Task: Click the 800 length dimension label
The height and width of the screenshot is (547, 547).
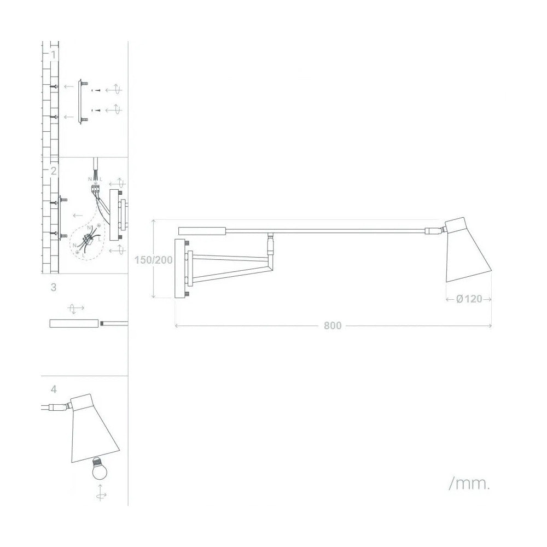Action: click(332, 326)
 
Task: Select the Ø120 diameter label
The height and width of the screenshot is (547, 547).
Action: click(469, 299)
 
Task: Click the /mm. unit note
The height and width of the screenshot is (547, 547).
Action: click(469, 484)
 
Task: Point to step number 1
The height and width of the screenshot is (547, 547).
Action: click(53, 55)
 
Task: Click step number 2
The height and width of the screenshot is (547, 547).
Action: click(53, 171)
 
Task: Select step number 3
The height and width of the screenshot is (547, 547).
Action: click(53, 287)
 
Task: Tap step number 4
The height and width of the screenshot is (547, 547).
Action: click(53, 389)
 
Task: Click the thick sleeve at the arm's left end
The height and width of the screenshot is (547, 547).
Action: click(202, 230)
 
